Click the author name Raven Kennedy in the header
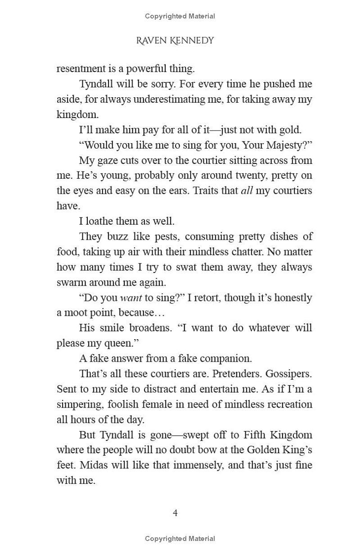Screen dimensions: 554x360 [x=175, y=41]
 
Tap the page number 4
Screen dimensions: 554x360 [x=175, y=513]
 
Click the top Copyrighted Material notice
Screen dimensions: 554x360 [x=180, y=16]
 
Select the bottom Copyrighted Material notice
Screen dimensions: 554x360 [x=180, y=539]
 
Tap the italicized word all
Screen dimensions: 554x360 [x=247, y=191]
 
